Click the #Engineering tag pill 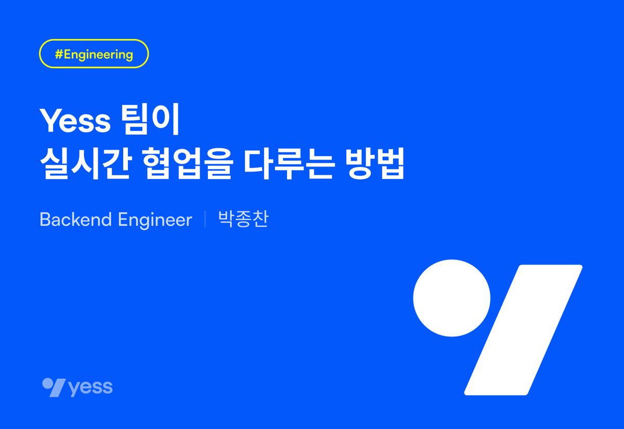(x=94, y=54)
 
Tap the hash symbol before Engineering (x=59, y=54)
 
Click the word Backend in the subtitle (x=75, y=220)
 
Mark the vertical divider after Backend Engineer (x=205, y=219)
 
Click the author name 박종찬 (x=243, y=219)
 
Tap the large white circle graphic (x=451, y=298)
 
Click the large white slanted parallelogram (x=523, y=330)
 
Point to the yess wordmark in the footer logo (x=90, y=387)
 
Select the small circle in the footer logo (x=47, y=383)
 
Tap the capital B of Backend (x=45, y=220)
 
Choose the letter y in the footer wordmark (x=73, y=389)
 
